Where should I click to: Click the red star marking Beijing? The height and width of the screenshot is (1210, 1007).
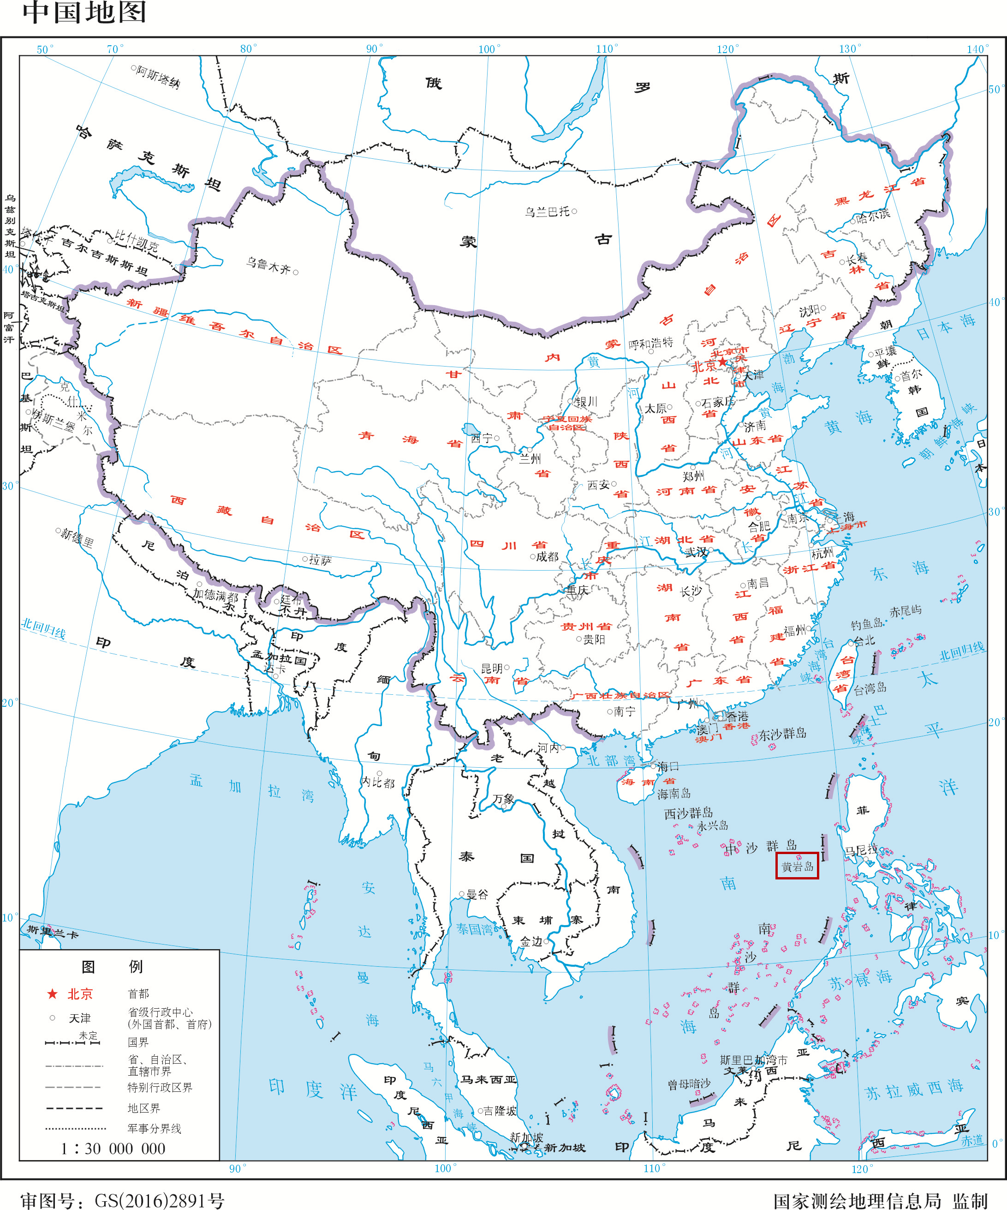(722, 362)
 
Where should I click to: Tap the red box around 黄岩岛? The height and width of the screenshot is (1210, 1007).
(797, 866)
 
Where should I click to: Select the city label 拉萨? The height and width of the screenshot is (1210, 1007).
(320, 560)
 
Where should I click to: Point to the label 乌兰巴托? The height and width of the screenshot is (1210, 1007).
(547, 212)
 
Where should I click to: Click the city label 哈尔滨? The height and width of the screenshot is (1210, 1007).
(873, 217)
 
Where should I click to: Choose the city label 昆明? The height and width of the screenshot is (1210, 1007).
(492, 668)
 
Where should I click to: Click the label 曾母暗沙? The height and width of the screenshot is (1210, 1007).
(689, 1084)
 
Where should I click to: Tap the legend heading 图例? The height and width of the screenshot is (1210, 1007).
(112, 966)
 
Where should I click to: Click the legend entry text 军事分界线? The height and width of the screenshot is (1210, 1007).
(155, 1128)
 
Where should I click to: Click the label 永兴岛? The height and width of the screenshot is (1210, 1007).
(712, 825)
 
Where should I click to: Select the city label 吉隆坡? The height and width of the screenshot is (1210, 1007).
(500, 1110)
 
